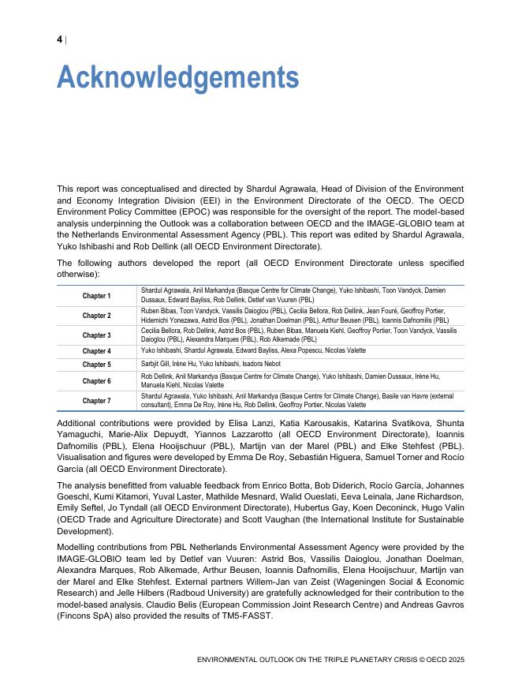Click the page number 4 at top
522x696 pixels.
(x=60, y=40)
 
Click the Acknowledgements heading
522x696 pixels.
(x=177, y=78)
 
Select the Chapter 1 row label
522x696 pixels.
(x=97, y=296)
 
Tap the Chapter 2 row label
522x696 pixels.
(x=97, y=316)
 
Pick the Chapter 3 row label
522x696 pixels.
(x=97, y=335)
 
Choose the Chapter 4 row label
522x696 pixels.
(x=97, y=351)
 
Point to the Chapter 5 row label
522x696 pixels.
(x=97, y=365)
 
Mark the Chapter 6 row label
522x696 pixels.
(x=97, y=381)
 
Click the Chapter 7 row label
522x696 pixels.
(x=97, y=401)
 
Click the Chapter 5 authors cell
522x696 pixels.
(x=211, y=365)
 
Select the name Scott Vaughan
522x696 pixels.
(x=235, y=520)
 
